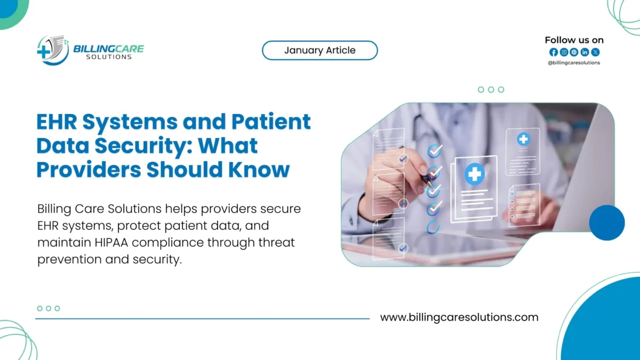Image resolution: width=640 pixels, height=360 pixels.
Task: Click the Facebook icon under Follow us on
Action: tap(553, 52)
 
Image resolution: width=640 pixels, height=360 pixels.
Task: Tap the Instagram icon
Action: tap(564, 52)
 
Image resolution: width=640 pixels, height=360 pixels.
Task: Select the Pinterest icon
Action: tap(574, 52)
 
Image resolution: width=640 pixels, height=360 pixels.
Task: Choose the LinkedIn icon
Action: tap(585, 52)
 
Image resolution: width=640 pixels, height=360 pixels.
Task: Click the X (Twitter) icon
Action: tap(595, 52)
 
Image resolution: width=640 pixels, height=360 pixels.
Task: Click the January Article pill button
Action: tap(319, 51)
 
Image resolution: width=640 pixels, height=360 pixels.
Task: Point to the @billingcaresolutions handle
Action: tap(574, 63)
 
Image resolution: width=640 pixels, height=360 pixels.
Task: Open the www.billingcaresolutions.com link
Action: tap(459, 317)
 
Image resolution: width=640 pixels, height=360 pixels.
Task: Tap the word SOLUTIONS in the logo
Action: tap(108, 57)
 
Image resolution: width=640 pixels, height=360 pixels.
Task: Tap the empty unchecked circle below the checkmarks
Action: tap(434, 226)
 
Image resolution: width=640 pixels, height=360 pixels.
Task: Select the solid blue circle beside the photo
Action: tap(606, 222)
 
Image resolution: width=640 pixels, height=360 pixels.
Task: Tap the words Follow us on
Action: tap(574, 40)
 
